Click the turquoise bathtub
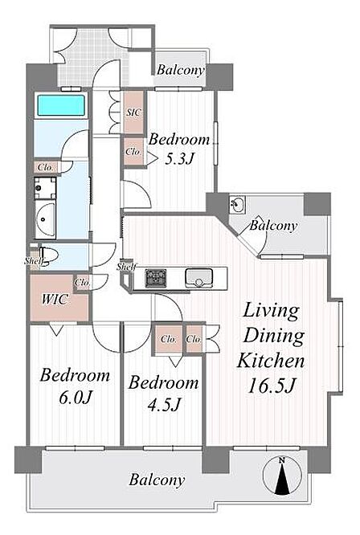tap(61, 105)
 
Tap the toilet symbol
tap(44, 256)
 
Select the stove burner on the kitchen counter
tap(156, 278)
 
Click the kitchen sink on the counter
tap(198, 277)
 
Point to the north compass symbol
tap(282, 476)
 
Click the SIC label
tap(133, 112)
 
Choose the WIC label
tap(55, 300)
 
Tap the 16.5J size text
tap(271, 386)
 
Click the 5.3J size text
tap(179, 159)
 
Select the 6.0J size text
tap(76, 397)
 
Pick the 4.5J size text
tap(164, 404)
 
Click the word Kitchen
tap(271, 361)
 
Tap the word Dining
tap(274, 336)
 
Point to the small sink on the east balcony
tap(237, 204)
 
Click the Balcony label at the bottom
tap(157, 480)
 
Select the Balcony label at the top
tap(181, 70)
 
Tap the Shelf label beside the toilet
tap(34, 262)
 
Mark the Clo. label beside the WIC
tap(82, 283)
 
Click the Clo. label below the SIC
tap(133, 152)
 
